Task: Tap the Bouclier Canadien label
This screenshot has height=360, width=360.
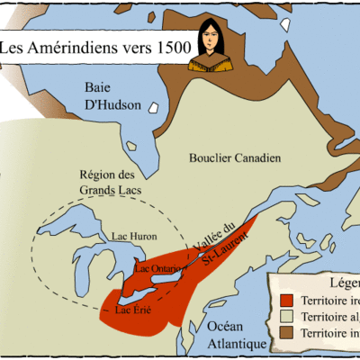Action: pos(235,158)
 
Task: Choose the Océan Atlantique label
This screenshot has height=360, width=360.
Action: pos(232,335)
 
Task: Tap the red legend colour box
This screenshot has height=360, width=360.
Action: pos(287,300)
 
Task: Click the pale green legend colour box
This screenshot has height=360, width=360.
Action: pos(287,317)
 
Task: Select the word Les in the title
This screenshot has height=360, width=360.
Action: pos(14,47)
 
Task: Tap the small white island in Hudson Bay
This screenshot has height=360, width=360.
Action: pos(153,108)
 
